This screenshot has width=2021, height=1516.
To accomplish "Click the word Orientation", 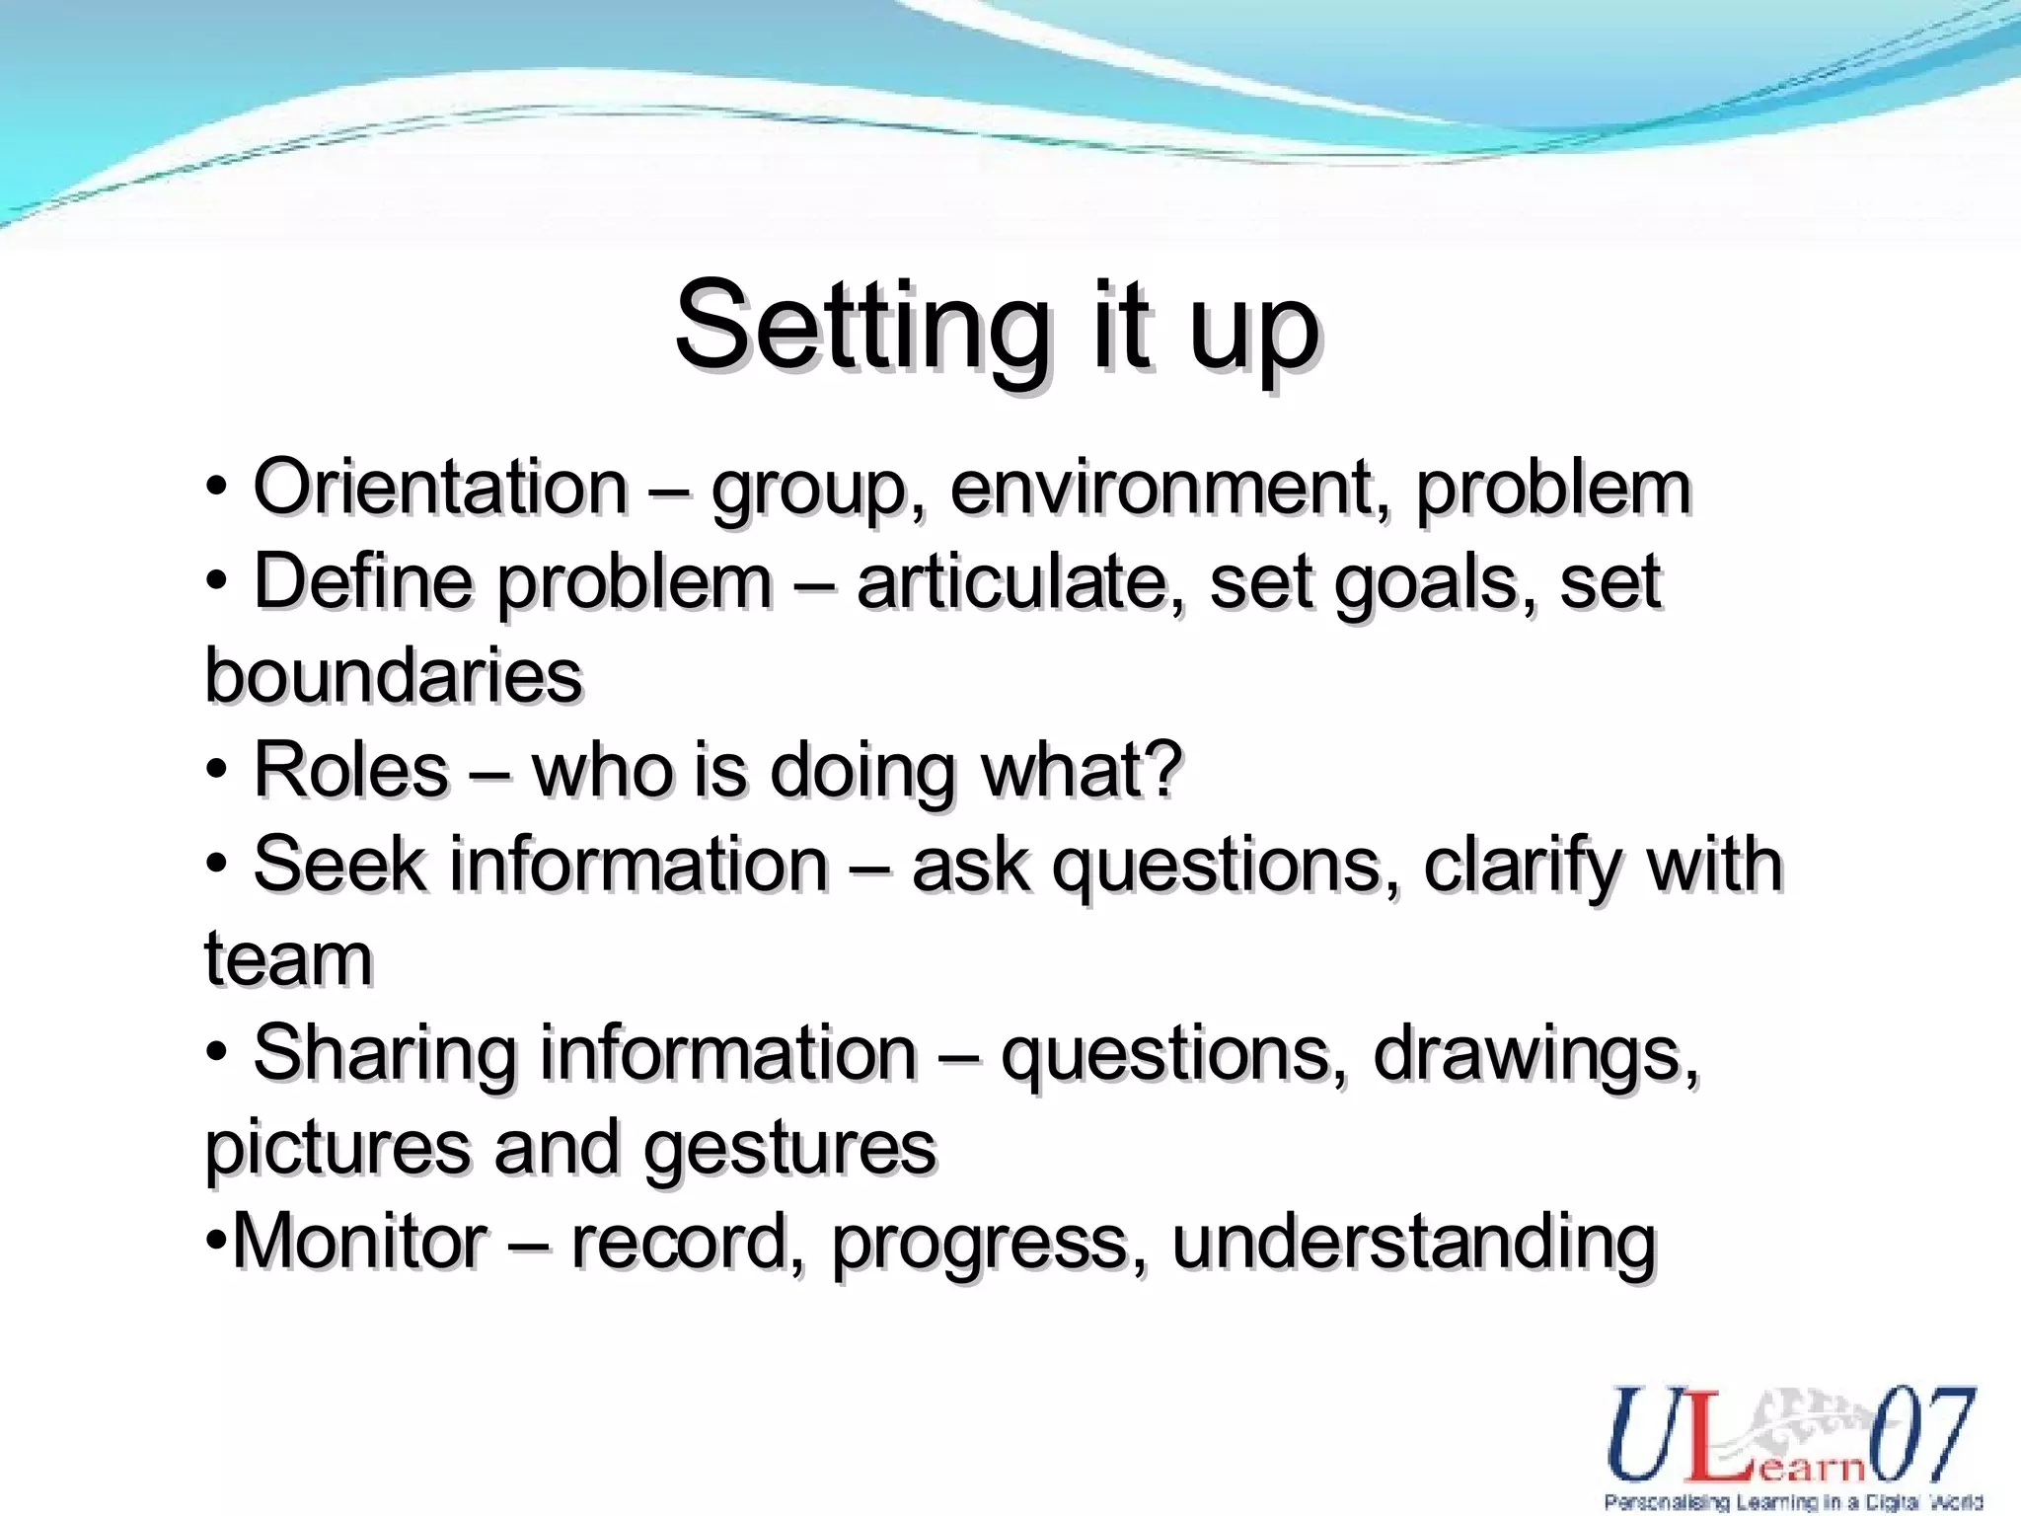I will tap(440, 488).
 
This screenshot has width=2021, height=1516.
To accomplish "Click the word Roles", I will tap(351, 771).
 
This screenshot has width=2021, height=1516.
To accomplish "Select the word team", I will tap(288, 959).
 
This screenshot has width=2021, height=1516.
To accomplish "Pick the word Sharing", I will tap(385, 1054).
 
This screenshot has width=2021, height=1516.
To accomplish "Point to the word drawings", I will tap(1535, 1054).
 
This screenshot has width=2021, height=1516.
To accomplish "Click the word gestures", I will tap(789, 1148).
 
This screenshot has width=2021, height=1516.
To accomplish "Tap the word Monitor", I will tap(360, 1242).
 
